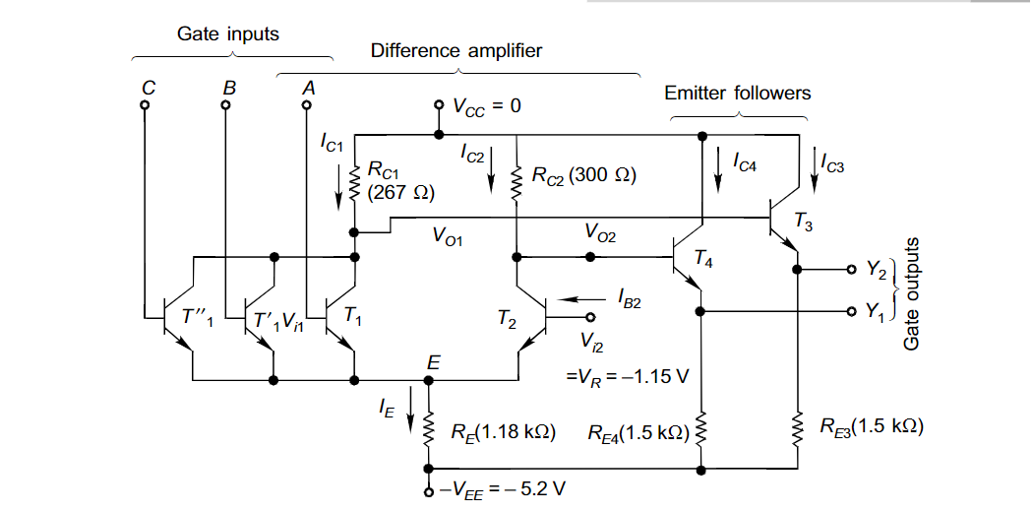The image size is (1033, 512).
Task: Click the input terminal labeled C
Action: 146,104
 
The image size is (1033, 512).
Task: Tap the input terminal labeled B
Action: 226,104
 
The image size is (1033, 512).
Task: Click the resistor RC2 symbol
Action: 516,182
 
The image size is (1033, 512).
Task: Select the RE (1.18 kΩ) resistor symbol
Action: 428,429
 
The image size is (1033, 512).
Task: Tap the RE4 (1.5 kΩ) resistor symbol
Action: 700,430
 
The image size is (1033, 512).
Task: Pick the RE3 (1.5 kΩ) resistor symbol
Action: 796,429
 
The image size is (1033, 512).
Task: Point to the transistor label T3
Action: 805,227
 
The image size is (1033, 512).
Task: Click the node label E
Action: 432,363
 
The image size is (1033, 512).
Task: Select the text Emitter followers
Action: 737,94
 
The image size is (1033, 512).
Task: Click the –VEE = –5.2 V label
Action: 502,489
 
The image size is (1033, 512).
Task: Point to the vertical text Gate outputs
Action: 912,292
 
